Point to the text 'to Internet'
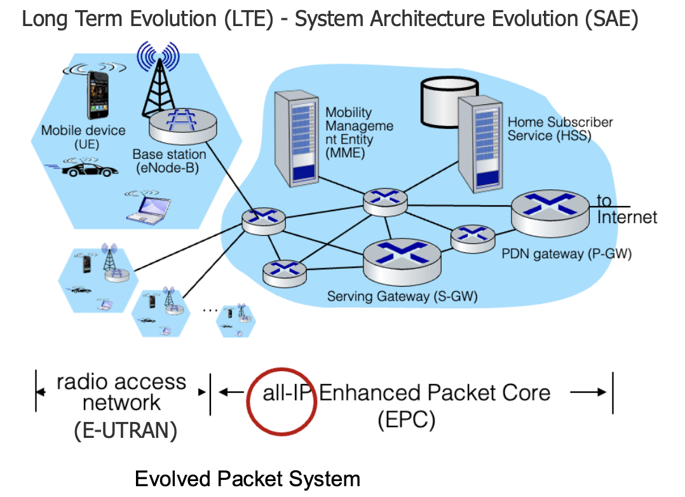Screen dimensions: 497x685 627,210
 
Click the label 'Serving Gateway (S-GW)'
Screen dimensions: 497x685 402,296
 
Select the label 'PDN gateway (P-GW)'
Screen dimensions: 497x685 567,254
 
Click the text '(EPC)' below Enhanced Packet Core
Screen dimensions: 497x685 407,420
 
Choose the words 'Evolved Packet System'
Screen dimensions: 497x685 247,479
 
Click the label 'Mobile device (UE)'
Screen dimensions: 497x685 83,137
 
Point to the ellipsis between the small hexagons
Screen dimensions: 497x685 209,310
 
